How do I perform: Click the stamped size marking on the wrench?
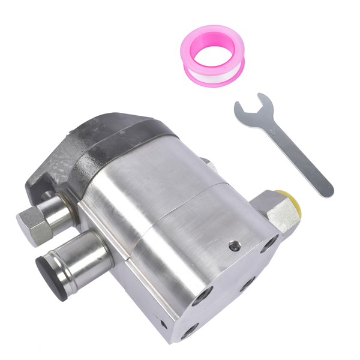pos(273,128)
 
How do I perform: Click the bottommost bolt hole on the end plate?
pos(191,329)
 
